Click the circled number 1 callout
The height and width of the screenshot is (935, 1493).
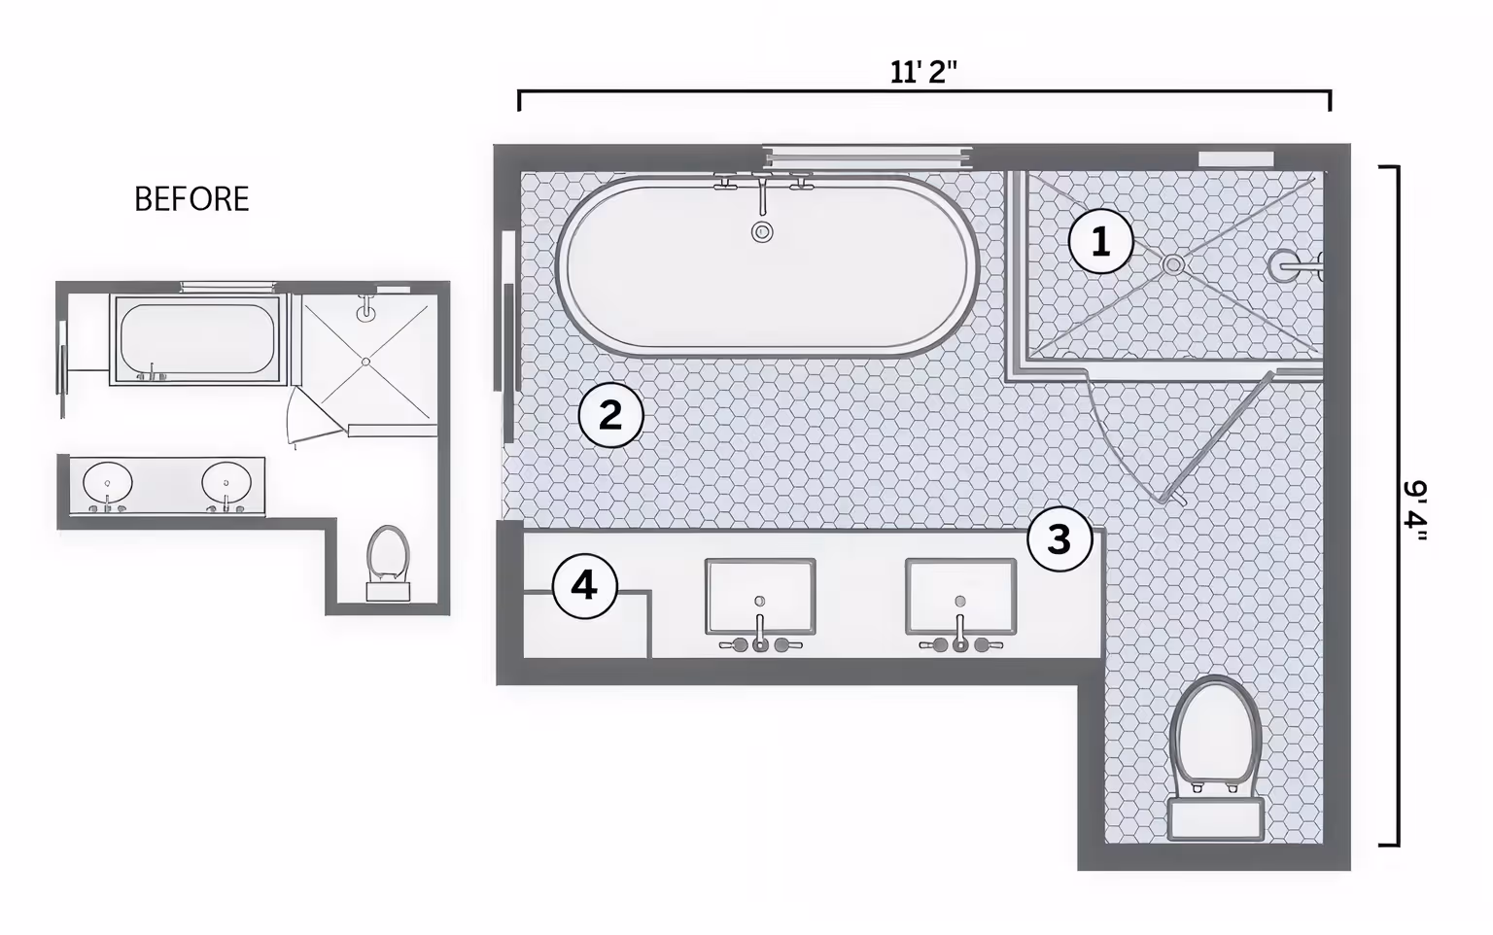[1100, 242]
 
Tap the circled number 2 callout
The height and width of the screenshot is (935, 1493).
[610, 416]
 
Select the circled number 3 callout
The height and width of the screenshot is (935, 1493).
[1059, 538]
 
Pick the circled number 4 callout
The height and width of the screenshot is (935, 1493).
[584, 586]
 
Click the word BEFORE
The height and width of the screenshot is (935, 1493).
[191, 199]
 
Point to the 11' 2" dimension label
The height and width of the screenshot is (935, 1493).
[923, 72]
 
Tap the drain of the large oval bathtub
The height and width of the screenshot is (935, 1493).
[762, 232]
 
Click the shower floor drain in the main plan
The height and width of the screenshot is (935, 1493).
[1174, 263]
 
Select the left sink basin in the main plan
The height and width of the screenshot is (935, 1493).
[760, 596]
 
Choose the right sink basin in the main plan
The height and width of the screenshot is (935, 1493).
[960, 595]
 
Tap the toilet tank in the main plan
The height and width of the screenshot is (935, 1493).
[1215, 819]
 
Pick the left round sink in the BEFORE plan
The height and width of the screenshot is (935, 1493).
[107, 482]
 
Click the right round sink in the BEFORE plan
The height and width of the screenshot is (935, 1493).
[226, 482]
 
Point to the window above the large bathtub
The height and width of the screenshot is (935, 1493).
[867, 153]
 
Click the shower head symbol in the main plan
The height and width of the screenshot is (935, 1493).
[1293, 264]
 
